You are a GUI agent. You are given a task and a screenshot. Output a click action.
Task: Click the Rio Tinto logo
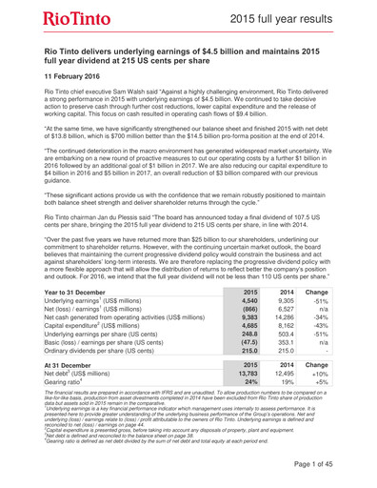point(79,20)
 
